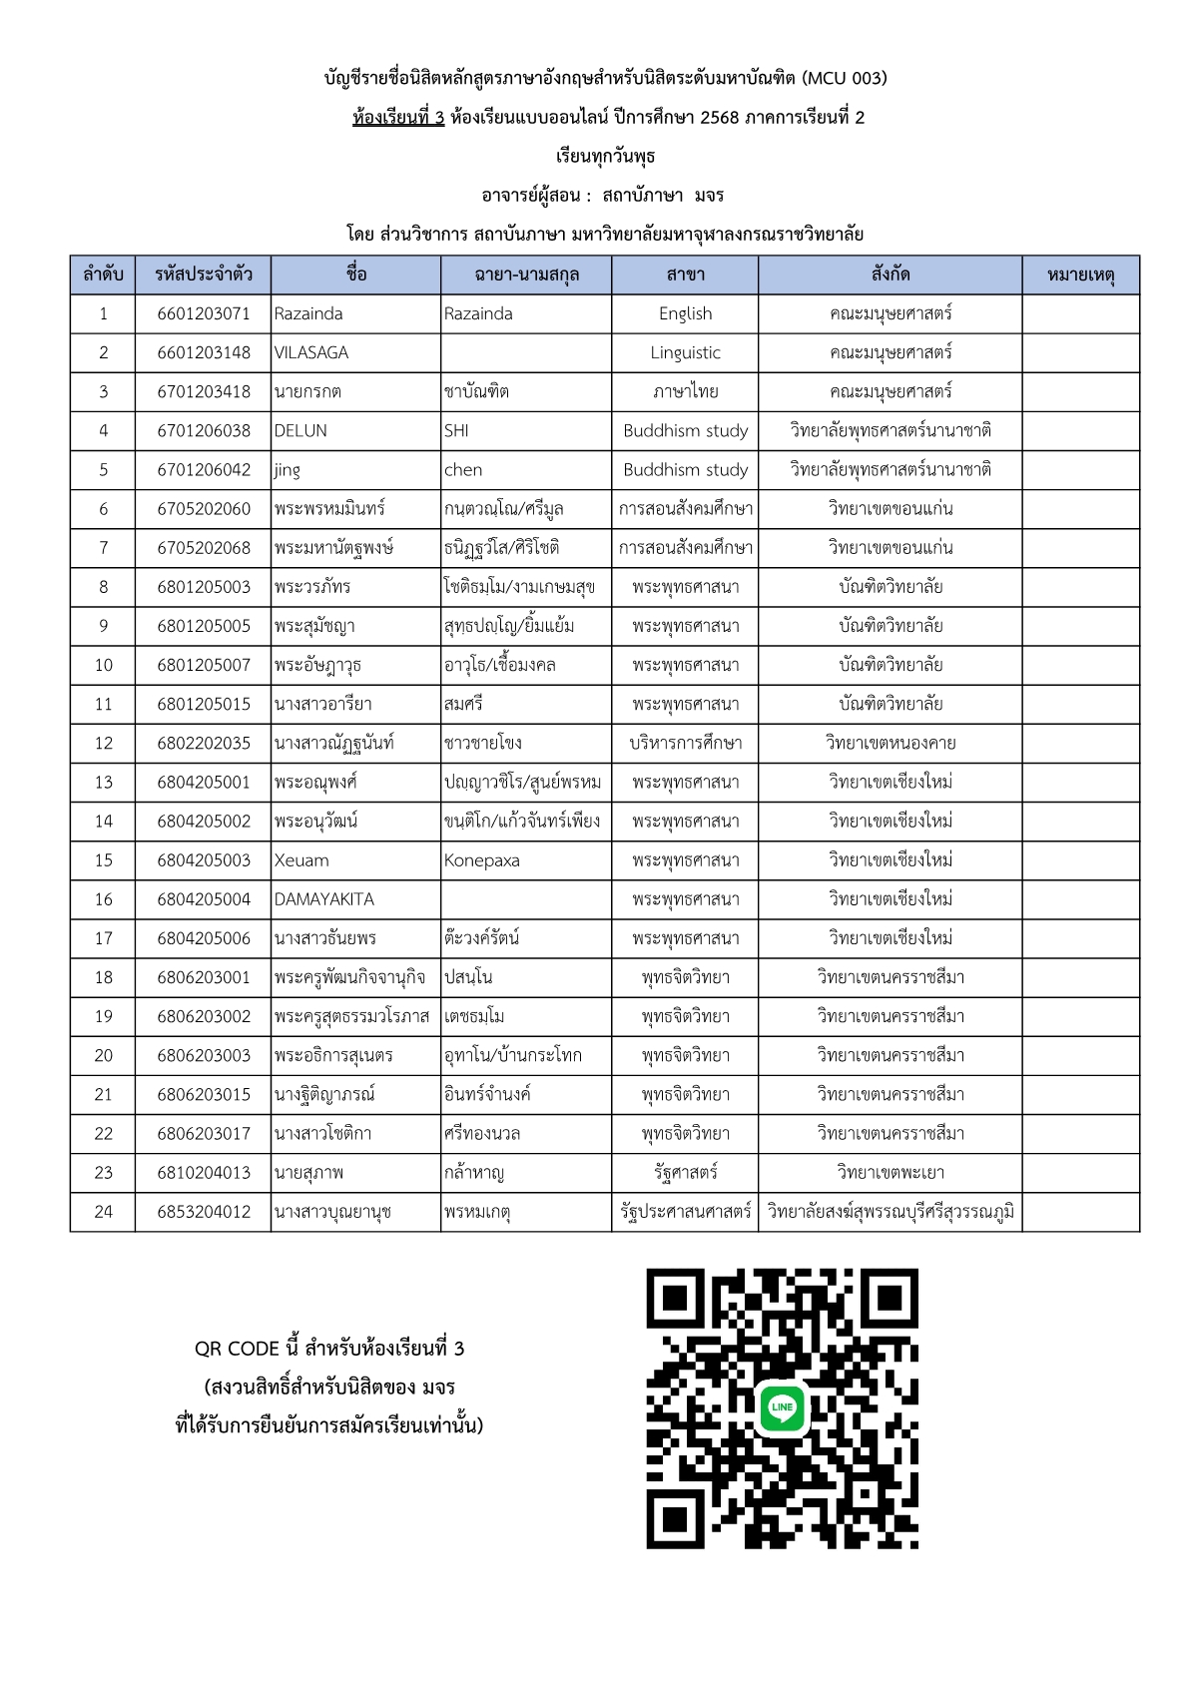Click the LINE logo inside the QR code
pyautogui.click(x=783, y=1407)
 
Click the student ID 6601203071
pyautogui.click(x=204, y=313)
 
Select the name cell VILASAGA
pyautogui.click(x=311, y=352)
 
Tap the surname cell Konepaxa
pyautogui.click(x=482, y=860)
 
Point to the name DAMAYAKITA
pyautogui.click(x=324, y=899)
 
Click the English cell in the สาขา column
pyautogui.click(x=685, y=313)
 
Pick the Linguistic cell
pyautogui.click(x=685, y=352)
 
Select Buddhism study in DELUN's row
pyautogui.click(x=685, y=430)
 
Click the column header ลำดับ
pyautogui.click(x=103, y=275)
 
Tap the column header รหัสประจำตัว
pyautogui.click(x=204, y=275)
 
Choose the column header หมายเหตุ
pyautogui.click(x=1080, y=275)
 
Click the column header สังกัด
pyautogui.click(x=890, y=275)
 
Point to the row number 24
pyautogui.click(x=103, y=1212)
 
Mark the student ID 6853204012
pyautogui.click(x=204, y=1212)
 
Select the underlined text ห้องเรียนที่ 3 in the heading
pyautogui.click(x=398, y=118)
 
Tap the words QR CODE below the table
pyautogui.click(x=237, y=1349)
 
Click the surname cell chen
pyautogui.click(x=463, y=469)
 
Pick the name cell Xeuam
pyautogui.click(x=301, y=860)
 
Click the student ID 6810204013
pyautogui.click(x=204, y=1173)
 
